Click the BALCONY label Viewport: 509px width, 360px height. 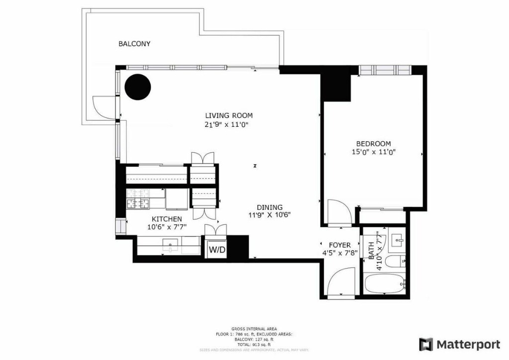pyautogui.click(x=134, y=44)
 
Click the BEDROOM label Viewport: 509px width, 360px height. pyautogui.click(x=373, y=144)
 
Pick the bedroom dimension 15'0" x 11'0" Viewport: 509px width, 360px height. pyautogui.click(x=373, y=153)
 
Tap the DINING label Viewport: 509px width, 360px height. pyautogui.click(x=269, y=207)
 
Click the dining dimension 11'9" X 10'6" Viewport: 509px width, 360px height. pyautogui.click(x=269, y=215)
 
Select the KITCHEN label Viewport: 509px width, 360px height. pyautogui.click(x=167, y=219)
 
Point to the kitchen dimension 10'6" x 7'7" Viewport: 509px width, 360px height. pyautogui.click(x=167, y=227)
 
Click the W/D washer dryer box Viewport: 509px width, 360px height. pyautogui.click(x=217, y=249)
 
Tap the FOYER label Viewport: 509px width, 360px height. pyautogui.click(x=340, y=245)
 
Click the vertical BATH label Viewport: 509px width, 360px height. pyautogui.click(x=372, y=252)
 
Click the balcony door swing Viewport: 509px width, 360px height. pyautogui.click(x=101, y=107)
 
